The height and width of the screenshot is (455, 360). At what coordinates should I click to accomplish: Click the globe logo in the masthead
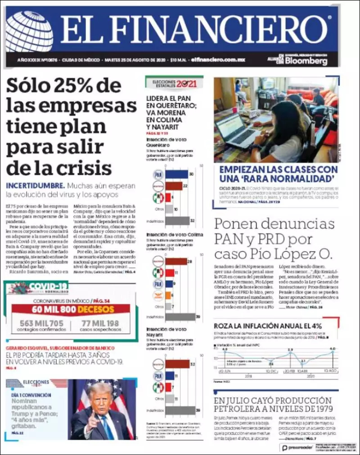coord(29,31)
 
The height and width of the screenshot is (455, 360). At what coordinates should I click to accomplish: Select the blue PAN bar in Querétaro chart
coord(176,174)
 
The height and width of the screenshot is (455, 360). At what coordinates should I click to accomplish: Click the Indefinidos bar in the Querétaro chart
coord(177,221)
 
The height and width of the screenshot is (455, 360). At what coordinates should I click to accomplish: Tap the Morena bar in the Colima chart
coord(176,261)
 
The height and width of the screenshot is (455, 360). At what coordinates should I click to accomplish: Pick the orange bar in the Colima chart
coord(168,295)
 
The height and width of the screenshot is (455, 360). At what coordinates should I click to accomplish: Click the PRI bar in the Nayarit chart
coord(170,387)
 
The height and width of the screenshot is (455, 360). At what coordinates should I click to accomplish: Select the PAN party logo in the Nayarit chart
coord(158,375)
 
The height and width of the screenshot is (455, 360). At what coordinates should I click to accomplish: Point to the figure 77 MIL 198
coord(100,322)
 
